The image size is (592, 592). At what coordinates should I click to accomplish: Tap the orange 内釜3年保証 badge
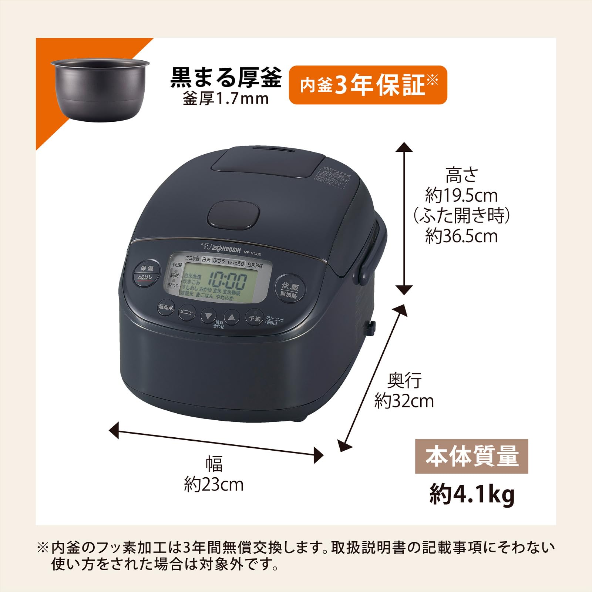point(368,85)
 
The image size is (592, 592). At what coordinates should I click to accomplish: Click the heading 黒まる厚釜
point(226,78)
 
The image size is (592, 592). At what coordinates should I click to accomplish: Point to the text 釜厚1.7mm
point(226,99)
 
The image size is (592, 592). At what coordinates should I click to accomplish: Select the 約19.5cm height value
point(461,195)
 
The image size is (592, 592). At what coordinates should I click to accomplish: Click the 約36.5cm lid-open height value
point(461,236)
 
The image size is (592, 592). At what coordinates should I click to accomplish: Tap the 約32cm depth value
point(404,401)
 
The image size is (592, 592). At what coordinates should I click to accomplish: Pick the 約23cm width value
point(214,485)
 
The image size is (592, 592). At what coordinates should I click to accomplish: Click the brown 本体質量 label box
point(471,456)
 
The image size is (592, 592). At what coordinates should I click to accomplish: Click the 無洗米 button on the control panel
point(165,307)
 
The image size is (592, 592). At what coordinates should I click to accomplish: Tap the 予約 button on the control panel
point(255,318)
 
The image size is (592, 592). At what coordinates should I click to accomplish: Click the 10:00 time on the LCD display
point(228,280)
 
